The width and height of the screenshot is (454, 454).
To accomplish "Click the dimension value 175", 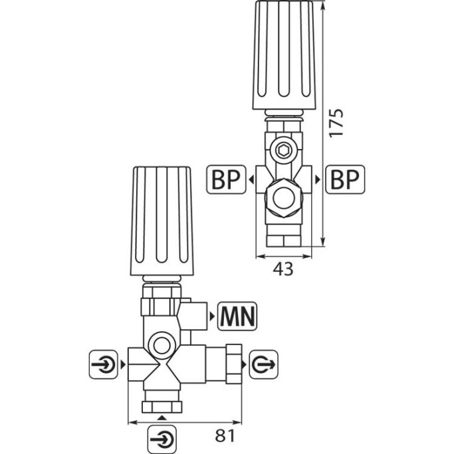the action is coord(336,123).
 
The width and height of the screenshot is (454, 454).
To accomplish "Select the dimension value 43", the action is coord(283,269).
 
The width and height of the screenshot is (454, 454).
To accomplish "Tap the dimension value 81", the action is coord(225,435).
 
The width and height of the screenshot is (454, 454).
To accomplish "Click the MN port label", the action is coord(237,316).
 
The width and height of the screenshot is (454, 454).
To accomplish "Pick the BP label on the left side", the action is coord(226,179).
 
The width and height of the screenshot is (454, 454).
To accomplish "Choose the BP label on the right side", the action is coord(345,179).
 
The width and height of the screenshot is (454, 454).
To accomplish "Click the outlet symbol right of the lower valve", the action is coord(263,364).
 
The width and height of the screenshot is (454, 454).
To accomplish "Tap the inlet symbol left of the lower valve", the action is coord(104,364).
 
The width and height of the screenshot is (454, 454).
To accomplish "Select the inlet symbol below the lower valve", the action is coord(162,439).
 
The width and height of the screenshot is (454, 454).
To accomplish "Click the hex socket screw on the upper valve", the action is coord(281,151).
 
